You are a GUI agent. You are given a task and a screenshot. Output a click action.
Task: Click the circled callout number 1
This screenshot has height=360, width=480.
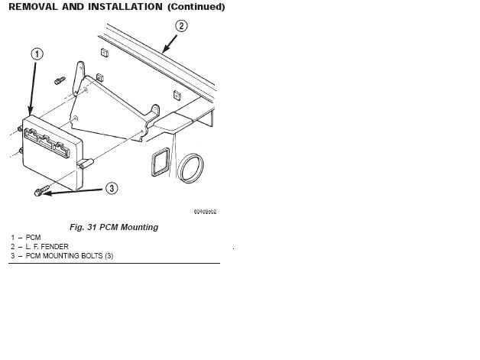pos(37,54)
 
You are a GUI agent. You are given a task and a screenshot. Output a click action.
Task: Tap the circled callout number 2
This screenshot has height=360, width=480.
pos(181,26)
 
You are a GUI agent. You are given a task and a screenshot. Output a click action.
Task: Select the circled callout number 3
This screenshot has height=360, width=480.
pos(111,188)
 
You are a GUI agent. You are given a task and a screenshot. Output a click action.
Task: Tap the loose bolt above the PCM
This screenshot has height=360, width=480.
pos(59,79)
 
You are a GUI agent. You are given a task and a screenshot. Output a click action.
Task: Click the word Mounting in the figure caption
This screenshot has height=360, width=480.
pos(139,227)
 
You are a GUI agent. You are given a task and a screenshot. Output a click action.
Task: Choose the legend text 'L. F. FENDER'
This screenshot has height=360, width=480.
pos(47,247)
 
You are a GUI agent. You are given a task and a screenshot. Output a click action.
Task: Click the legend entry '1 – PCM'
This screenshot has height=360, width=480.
pos(26,238)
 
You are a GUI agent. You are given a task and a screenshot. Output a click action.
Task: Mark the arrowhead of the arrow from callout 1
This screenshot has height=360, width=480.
pos(30,115)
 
